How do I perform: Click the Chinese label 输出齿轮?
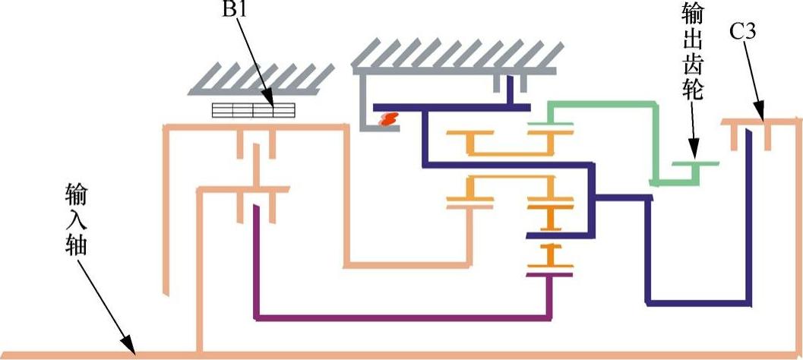tap(693, 54)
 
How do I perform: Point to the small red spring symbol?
tap(390, 119)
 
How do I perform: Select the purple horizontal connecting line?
tap(403, 317)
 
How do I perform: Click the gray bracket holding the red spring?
tap(366, 114)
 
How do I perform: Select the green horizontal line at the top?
tap(600, 104)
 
